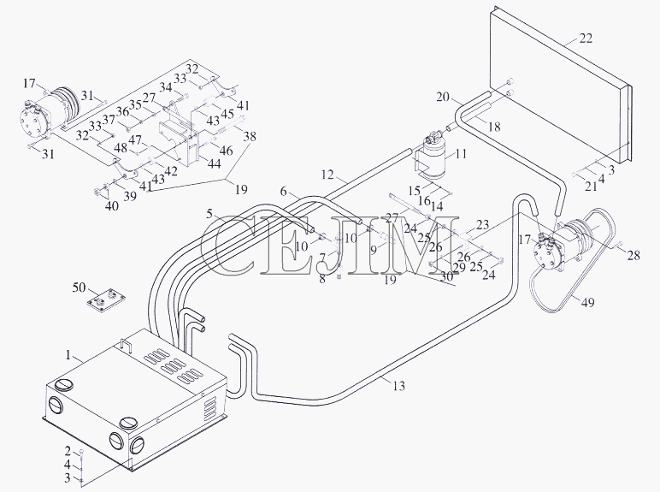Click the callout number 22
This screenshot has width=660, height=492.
[x=586, y=39]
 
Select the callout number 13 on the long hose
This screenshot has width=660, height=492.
[x=398, y=385]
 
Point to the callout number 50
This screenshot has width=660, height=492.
[x=79, y=287]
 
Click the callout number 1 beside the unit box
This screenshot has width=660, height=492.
[x=68, y=355]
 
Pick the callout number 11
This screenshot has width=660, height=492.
[x=462, y=154]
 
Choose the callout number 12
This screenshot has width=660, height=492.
[x=327, y=174]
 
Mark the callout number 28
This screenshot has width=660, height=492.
[x=633, y=255]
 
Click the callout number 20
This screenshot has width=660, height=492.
[x=443, y=97]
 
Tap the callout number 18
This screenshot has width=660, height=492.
[x=495, y=127]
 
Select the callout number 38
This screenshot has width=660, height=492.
[x=249, y=136]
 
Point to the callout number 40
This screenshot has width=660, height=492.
[x=112, y=206]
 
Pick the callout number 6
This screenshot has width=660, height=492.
[x=283, y=192]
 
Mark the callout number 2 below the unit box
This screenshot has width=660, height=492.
[x=68, y=451]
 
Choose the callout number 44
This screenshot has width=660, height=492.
[x=215, y=163]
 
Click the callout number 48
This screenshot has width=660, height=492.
[x=121, y=148]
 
